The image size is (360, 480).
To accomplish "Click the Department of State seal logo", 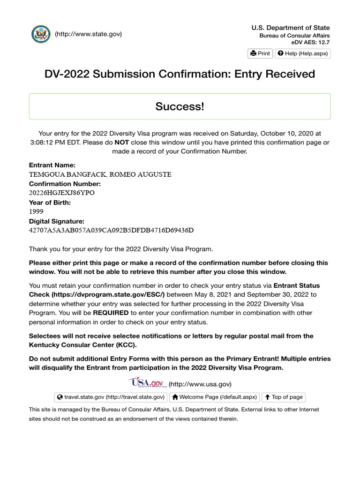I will [41, 34].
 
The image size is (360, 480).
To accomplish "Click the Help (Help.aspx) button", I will [302, 53].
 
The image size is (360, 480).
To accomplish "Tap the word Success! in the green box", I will [180, 106].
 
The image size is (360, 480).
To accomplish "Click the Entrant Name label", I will [52, 165].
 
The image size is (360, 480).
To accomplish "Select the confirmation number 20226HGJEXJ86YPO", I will [61, 193].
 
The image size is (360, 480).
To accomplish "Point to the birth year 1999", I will [36, 211].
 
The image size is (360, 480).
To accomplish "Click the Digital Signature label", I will [57, 221].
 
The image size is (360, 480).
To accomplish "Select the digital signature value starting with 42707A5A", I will [111, 230].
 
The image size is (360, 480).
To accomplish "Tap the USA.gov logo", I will [147, 383].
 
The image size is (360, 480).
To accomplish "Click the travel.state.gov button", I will [111, 397].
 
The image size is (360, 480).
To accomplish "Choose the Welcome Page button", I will [214, 397].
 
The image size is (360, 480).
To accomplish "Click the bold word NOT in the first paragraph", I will [122, 142].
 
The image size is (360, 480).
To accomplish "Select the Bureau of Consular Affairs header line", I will [294, 36].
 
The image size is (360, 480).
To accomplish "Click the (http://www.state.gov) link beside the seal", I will [88, 34].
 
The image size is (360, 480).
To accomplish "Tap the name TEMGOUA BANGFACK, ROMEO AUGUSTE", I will [100, 175].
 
